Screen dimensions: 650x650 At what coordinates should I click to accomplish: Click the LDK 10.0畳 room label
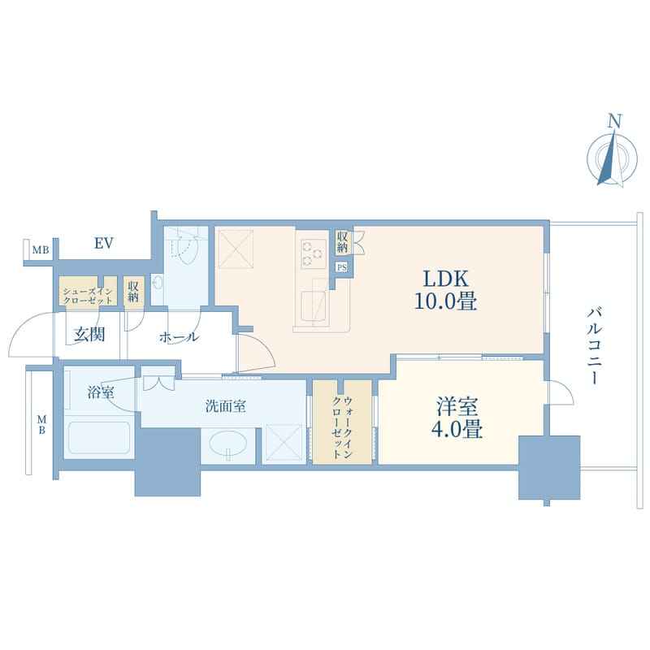point(445,290)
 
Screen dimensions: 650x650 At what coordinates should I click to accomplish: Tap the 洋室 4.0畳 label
point(457,418)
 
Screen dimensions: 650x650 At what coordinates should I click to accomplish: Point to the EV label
point(104,243)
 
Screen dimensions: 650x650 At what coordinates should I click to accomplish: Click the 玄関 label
point(89,334)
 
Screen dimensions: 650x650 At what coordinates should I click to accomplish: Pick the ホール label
point(179,337)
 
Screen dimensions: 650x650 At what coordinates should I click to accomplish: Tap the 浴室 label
point(101,392)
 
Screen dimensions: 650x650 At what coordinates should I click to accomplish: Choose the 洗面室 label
point(226,405)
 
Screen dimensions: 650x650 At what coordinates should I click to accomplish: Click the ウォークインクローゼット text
point(342,427)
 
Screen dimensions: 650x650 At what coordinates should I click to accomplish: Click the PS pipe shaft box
point(341,267)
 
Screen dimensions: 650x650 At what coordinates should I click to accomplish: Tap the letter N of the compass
point(614,121)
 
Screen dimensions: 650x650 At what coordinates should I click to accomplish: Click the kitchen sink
point(314,306)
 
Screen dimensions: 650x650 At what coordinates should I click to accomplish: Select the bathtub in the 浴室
point(99,438)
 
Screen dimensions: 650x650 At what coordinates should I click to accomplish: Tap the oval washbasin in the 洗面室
point(227,444)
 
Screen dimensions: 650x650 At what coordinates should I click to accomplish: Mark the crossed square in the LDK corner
point(236,249)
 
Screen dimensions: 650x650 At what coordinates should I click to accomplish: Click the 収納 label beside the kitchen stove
point(342,242)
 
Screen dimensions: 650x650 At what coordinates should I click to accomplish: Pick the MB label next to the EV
point(41,250)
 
